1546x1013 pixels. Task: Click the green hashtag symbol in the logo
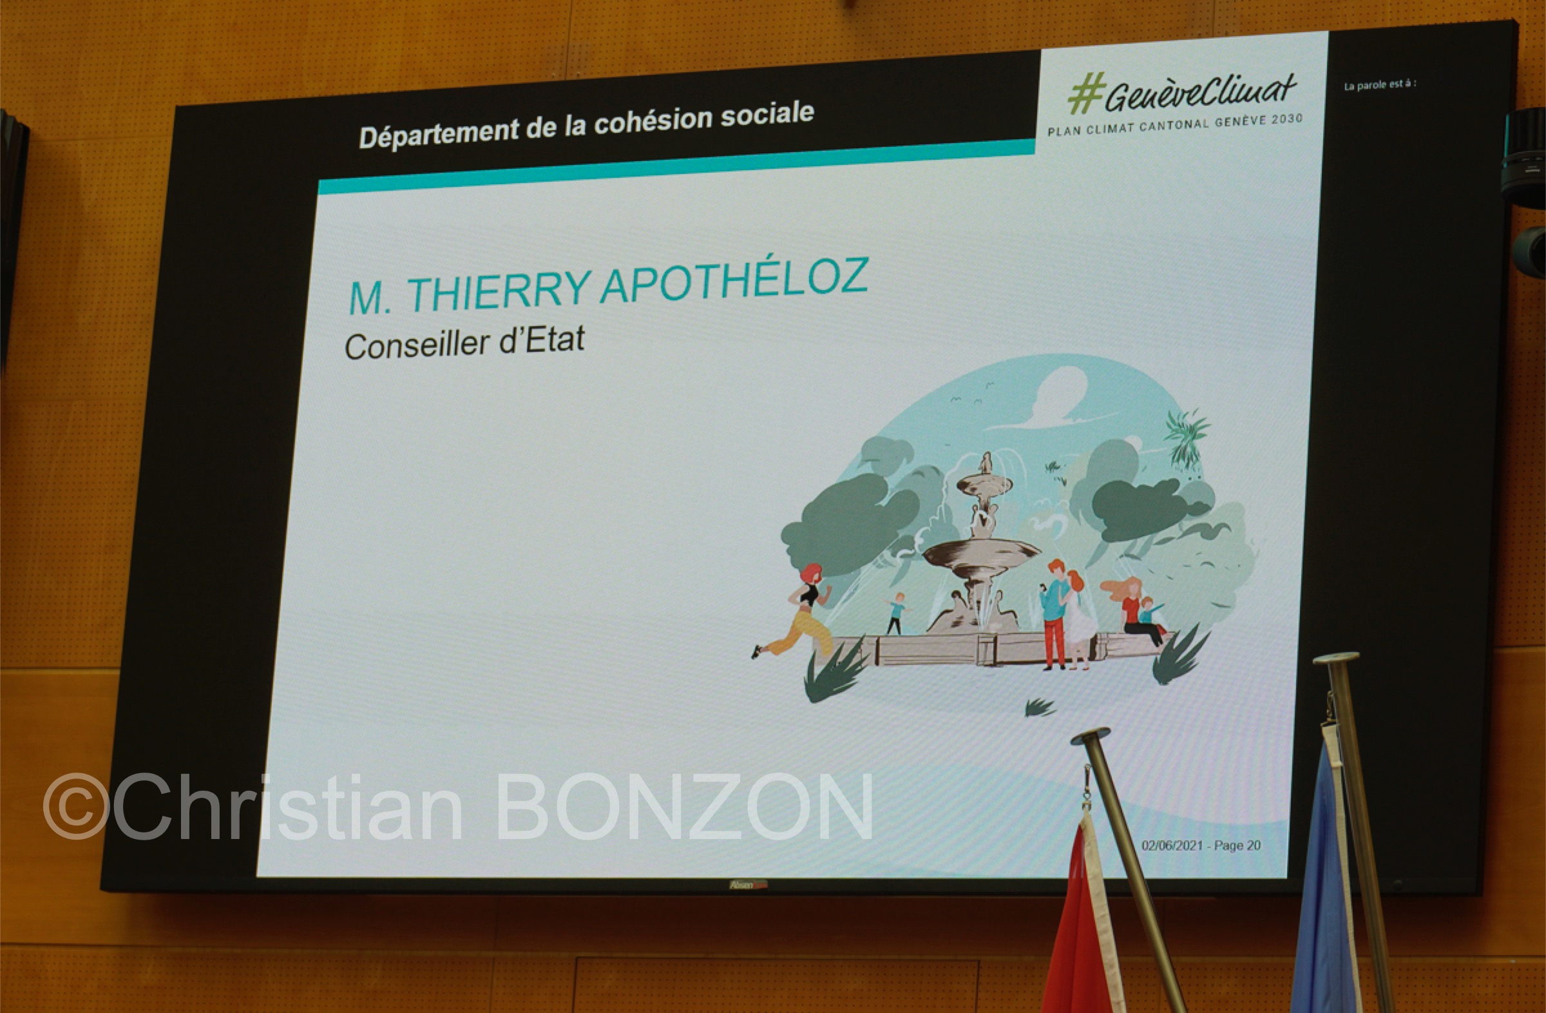[1086, 93]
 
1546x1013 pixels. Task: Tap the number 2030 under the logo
[1287, 119]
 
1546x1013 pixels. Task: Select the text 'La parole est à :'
[1380, 84]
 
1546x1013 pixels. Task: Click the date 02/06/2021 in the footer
[1172, 845]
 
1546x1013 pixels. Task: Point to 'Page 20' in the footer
[1237, 845]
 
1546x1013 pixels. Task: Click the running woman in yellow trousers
[796, 611]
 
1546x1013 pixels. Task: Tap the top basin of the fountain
[984, 484]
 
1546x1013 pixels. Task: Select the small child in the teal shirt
[897, 613]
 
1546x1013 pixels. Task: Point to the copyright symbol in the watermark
[76, 806]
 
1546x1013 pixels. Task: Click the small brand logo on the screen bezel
[748, 885]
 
